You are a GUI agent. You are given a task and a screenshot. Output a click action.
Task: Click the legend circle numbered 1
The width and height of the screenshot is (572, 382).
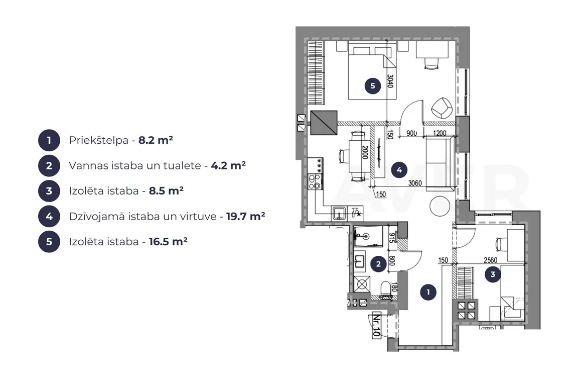coord(49,140)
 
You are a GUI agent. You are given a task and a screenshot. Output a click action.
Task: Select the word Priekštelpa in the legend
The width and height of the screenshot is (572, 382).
coord(98,140)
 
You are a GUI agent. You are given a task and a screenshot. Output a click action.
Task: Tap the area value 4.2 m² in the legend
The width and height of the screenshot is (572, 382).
coord(228,165)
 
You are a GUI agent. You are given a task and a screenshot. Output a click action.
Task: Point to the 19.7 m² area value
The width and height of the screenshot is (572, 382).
coord(245,217)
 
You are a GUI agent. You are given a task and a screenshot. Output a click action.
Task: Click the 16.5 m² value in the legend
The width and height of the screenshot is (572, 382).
coord(168,242)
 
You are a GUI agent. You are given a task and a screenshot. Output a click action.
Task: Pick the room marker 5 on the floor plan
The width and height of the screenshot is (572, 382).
coord(372,86)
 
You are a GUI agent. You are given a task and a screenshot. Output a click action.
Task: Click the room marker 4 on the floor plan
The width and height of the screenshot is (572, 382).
coord(399,170)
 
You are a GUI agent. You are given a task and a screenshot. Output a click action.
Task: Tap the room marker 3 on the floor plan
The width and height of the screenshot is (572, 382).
coord(493,274)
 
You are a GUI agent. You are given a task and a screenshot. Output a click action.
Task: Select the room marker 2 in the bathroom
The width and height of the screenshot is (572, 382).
coord(378,264)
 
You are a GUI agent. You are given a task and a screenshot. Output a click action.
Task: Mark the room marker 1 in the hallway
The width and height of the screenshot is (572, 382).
coord(428,292)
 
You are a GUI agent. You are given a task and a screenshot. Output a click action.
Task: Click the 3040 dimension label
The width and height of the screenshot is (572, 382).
coord(390,81)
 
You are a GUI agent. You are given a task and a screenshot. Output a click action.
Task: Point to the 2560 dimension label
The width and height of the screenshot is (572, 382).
coord(490,260)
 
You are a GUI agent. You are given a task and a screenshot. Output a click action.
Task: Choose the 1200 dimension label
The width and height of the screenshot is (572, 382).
coord(440,133)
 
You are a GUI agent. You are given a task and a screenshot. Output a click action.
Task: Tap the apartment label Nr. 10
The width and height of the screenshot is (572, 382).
coord(376,325)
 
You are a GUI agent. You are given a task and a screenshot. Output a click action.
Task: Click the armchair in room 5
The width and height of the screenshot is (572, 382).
coord(442,108)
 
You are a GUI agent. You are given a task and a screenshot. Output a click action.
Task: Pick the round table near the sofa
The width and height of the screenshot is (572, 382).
coord(440,207)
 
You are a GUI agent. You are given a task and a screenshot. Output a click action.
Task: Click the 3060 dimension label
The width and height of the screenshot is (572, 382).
coord(415,183)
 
